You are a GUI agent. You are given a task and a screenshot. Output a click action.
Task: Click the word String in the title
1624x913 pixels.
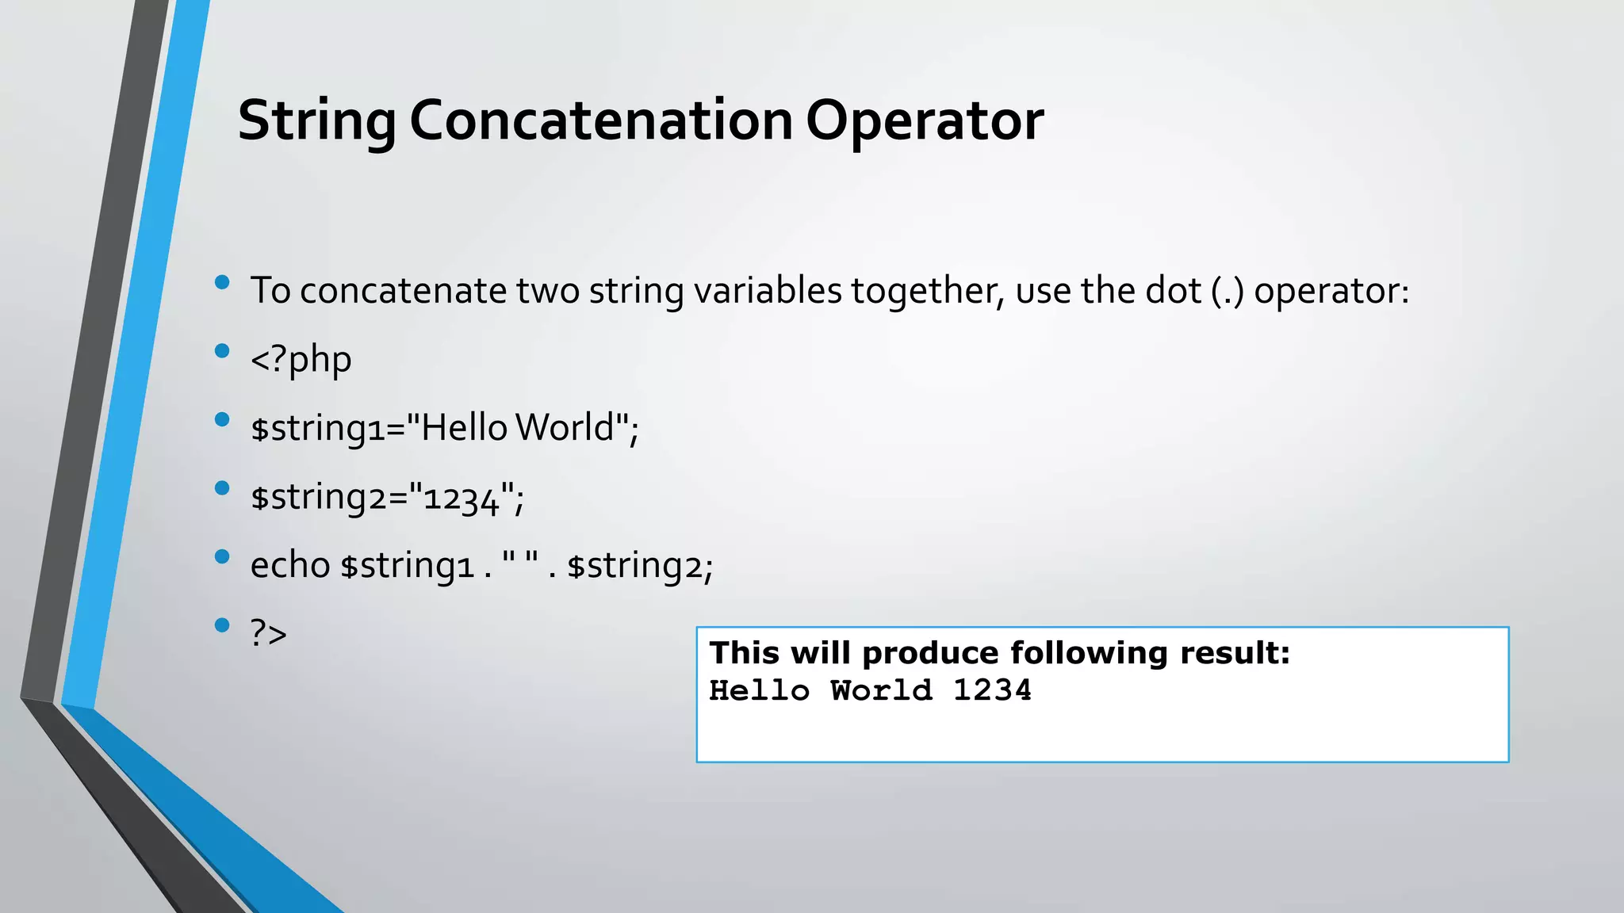tap(316, 121)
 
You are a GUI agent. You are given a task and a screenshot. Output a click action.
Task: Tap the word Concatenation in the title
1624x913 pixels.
tap(601, 121)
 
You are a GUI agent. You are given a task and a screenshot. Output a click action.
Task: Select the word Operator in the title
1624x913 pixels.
tap(925, 121)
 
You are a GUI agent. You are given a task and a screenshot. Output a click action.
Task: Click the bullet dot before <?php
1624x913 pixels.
tap(222, 350)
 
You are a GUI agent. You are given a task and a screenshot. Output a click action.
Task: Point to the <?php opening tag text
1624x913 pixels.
tap(301, 359)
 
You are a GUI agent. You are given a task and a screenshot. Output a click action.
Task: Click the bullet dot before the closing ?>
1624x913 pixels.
tap(222, 625)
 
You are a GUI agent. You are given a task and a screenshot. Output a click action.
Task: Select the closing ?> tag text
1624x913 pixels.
tap(268, 633)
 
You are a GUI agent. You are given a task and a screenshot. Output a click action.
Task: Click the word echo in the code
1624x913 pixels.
tap(289, 565)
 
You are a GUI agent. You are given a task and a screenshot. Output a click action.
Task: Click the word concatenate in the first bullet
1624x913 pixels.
tap(403, 290)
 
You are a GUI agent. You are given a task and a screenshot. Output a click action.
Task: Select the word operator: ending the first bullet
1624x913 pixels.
tap(1331, 290)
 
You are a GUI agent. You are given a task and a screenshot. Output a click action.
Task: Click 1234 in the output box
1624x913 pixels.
tap(992, 690)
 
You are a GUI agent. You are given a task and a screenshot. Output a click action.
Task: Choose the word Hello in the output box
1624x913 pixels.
tap(759, 690)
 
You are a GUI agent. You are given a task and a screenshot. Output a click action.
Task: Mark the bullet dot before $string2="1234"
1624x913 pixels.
tap(222, 488)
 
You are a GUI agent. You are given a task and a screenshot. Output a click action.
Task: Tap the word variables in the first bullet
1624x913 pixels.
tap(767, 290)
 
